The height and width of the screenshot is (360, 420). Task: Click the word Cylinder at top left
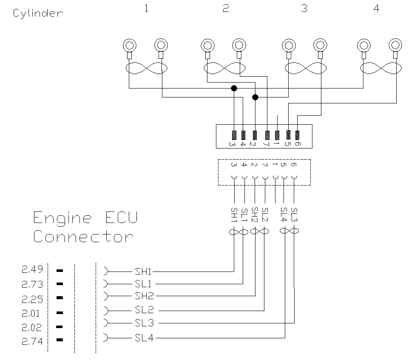coord(38,13)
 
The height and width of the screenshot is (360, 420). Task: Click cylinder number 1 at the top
coord(146,9)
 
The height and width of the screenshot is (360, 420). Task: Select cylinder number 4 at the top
coord(376,9)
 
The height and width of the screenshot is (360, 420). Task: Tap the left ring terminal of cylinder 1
coord(129,44)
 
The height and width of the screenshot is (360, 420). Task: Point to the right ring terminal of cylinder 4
coord(396,44)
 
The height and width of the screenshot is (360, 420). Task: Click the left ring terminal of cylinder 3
coord(289,44)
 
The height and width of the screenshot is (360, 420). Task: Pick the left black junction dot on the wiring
coord(233,88)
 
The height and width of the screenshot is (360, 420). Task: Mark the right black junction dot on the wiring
coord(255,97)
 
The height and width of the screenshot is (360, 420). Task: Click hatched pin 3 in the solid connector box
coord(234,135)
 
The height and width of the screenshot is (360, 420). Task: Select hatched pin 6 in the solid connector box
coord(297,135)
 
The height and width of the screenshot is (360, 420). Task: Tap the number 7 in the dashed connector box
coord(265,165)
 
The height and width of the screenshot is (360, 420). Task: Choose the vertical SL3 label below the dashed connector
coord(294,215)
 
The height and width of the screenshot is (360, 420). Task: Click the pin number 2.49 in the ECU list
coord(32,270)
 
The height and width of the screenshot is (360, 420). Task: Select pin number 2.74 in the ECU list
coord(32,341)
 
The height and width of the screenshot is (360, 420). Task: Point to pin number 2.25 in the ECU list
coord(32,299)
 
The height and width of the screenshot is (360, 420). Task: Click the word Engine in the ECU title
coord(62,218)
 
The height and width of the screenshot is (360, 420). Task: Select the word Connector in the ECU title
coord(83,236)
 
